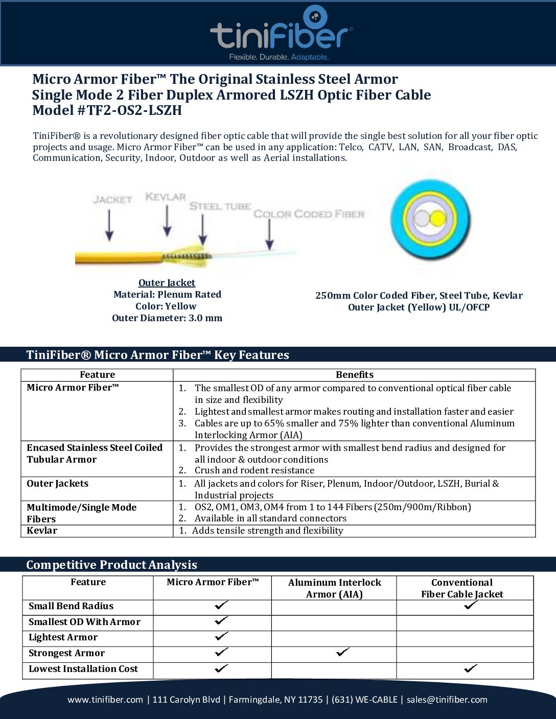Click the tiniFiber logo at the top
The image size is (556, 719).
tap(281, 33)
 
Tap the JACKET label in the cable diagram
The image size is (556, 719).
tap(112, 199)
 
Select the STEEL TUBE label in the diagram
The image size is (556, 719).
tap(220, 206)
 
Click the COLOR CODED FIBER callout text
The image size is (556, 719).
tap(309, 214)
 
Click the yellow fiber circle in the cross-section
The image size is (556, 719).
tap(438, 219)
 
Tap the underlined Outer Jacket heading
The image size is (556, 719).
tap(167, 283)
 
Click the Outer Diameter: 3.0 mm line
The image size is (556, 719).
tap(167, 318)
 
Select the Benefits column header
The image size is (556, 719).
tap(355, 375)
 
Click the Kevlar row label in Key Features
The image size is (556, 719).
tap(42, 531)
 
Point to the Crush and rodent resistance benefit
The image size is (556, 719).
tap(254, 470)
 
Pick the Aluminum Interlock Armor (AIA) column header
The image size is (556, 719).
tap(334, 588)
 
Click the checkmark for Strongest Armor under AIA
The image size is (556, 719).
tap(343, 652)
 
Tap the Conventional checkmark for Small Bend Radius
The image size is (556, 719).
tap(471, 606)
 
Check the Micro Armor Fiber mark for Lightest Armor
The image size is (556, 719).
tap(221, 637)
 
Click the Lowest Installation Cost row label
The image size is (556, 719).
tap(83, 669)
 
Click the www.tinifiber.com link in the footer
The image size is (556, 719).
tap(105, 700)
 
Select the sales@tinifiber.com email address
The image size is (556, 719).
tap(447, 700)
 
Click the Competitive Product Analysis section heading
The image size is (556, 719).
tap(111, 565)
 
